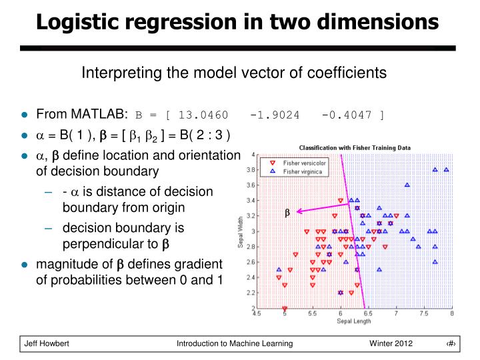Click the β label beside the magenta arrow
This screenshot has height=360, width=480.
click(x=288, y=213)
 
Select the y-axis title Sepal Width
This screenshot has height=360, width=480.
click(x=241, y=232)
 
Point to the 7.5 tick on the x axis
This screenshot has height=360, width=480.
click(x=423, y=313)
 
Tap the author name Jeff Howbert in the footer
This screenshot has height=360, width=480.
click(x=47, y=343)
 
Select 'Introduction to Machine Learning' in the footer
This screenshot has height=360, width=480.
click(x=235, y=343)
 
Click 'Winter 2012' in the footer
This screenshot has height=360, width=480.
click(x=391, y=343)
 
